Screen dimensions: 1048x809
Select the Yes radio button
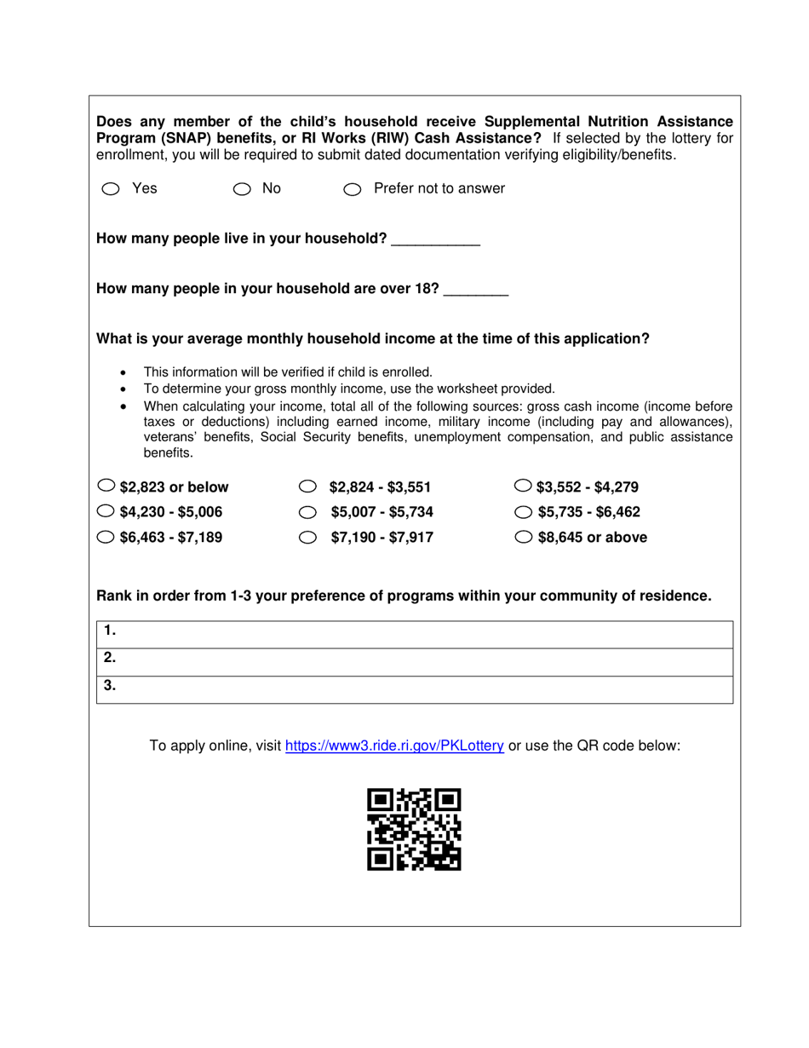[x=112, y=190]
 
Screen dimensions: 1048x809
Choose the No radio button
[x=242, y=190]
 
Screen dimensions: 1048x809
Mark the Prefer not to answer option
[x=353, y=190]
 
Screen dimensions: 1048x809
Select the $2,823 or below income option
[x=106, y=487]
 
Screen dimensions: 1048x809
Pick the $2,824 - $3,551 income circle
[x=308, y=487]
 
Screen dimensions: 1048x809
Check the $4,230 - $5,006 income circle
[x=106, y=512]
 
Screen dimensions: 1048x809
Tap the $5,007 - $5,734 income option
[x=308, y=513]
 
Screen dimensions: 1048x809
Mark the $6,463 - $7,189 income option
[x=106, y=538]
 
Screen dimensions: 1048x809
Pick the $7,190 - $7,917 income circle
[x=308, y=538]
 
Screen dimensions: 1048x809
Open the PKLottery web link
[x=394, y=746]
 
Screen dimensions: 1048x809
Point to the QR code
[x=414, y=829]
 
